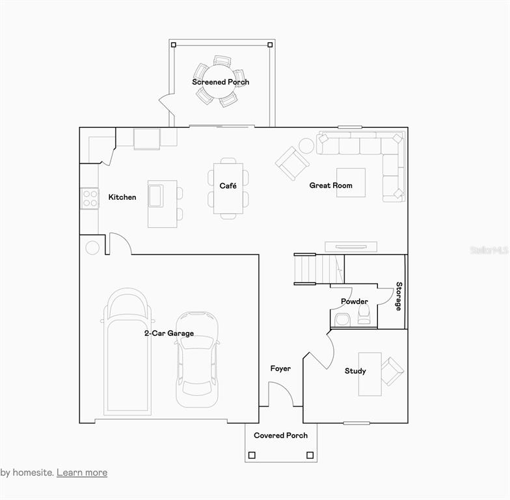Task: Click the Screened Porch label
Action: tap(221, 82)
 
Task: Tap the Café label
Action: tap(228, 186)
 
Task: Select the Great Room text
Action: tap(330, 185)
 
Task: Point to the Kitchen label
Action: tap(122, 197)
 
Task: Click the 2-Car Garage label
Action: tap(169, 333)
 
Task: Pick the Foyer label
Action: tap(280, 368)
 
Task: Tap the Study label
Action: tap(355, 371)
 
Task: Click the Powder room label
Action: tap(354, 301)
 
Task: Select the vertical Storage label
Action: tap(399, 296)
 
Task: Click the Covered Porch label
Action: tap(281, 435)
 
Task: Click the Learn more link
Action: tap(82, 473)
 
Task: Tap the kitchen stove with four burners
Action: tap(90, 199)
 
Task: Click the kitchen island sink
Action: tap(156, 195)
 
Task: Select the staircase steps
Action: tap(319, 268)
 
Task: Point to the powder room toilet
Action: tap(364, 314)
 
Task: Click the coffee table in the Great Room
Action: tap(351, 182)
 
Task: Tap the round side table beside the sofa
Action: tap(306, 146)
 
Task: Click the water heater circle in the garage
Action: tap(92, 247)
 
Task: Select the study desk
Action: tap(369, 374)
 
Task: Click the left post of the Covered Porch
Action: tap(252, 455)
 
